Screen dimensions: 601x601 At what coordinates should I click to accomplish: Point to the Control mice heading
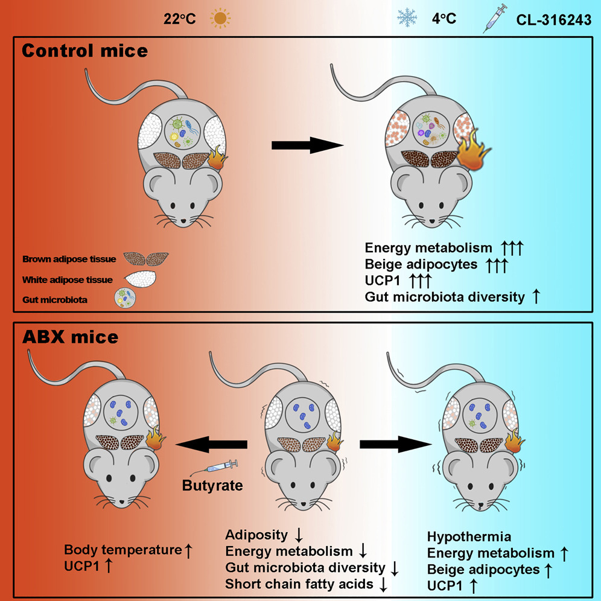coord(84,51)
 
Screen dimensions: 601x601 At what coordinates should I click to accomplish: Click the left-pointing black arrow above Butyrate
coord(211,445)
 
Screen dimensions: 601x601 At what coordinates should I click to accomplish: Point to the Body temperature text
coord(122,550)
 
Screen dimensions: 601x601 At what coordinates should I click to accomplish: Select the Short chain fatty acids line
coord(300,584)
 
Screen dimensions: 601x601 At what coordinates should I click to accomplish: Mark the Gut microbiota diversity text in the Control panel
coord(445,296)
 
